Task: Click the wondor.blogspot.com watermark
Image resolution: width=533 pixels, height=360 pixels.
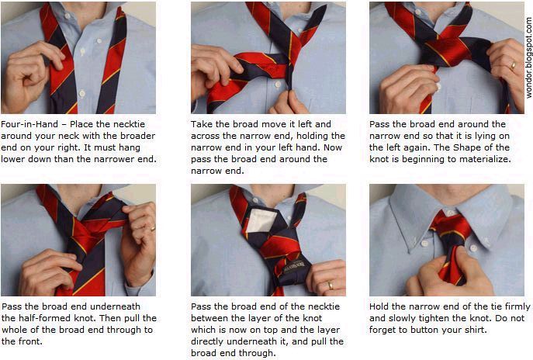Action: pyautogui.click(x=528, y=57)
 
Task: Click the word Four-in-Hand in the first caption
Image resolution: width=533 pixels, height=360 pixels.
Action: pyautogui.click(x=29, y=124)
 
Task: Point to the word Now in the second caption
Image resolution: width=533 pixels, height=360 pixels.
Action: pyautogui.click(x=332, y=147)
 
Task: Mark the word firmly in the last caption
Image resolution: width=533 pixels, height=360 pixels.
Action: pyautogui.click(x=517, y=306)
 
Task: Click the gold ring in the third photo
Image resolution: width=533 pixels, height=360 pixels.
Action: pyautogui.click(x=512, y=65)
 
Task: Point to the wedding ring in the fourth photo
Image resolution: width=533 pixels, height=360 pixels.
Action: pyautogui.click(x=154, y=228)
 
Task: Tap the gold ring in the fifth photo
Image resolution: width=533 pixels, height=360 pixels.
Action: pyautogui.click(x=330, y=286)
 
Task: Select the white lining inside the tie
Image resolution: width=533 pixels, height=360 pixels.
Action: pyautogui.click(x=261, y=221)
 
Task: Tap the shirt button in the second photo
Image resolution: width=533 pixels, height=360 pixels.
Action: pyautogui.click(x=278, y=85)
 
